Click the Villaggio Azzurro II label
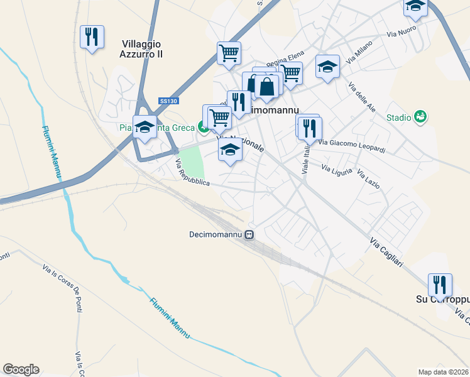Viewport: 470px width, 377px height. click(141, 49)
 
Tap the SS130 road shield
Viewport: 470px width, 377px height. click(168, 101)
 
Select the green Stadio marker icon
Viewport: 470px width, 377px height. click(420, 116)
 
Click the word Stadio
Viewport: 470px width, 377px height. click(398, 117)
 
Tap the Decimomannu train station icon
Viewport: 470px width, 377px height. click(249, 235)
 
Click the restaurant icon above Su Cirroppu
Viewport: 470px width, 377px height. click(440, 285)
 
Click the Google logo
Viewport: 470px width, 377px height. click(21, 369)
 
